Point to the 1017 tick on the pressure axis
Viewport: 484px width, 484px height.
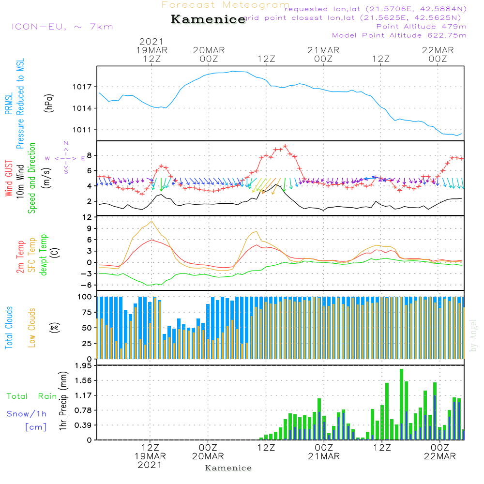82,87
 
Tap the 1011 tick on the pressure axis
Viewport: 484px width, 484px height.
82,130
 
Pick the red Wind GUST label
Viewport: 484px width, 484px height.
9,179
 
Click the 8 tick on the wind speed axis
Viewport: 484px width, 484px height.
89,155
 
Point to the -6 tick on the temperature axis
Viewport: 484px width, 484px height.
86,285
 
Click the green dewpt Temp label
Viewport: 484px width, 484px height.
44,255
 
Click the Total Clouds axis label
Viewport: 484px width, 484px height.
9,328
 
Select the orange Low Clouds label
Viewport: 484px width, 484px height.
32,328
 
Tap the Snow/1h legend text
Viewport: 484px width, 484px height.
27,414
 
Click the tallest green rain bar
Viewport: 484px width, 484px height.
402,404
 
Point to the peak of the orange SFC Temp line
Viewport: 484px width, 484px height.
152,221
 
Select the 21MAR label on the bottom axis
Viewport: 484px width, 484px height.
323,456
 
